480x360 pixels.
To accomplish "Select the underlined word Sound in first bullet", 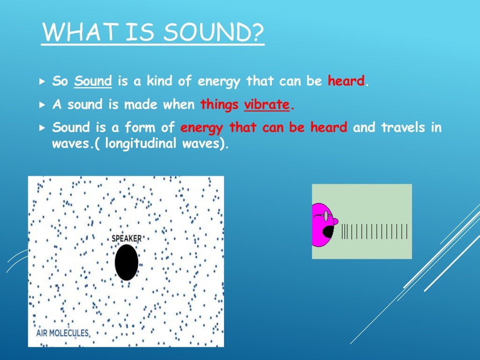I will (93, 81).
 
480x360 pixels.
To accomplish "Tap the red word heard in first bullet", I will (346, 81).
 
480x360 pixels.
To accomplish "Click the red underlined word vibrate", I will (267, 105).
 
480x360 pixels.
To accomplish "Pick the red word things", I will (219, 105).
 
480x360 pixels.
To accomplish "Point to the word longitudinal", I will (138, 144).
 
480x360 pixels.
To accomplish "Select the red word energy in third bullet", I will (202, 127).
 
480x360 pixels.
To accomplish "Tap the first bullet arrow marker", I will (42, 81).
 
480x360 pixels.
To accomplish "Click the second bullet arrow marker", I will (42, 105).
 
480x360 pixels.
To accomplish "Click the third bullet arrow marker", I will (42, 127).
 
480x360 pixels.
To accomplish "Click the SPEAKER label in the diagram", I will (126, 239).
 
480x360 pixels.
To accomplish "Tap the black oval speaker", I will (127, 262).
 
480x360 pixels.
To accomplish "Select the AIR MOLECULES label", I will (62, 333).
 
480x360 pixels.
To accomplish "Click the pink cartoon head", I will (322, 225).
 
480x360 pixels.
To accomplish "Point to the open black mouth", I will (328, 232).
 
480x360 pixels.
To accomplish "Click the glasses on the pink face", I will (323, 216).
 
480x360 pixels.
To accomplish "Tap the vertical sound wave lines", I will (374, 232).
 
